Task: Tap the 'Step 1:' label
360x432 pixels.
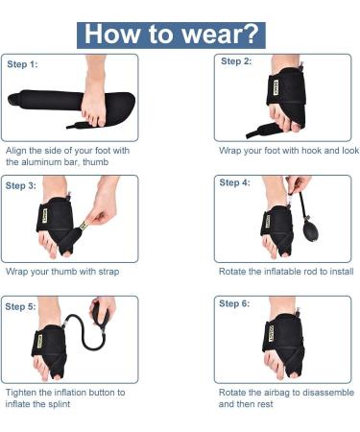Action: (23, 65)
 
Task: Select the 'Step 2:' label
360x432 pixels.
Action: (236, 61)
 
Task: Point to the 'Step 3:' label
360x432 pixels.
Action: (23, 185)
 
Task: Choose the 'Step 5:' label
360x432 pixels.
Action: (22, 306)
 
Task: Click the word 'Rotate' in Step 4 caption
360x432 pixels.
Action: (234, 272)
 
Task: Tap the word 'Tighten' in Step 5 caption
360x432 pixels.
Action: (23, 393)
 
